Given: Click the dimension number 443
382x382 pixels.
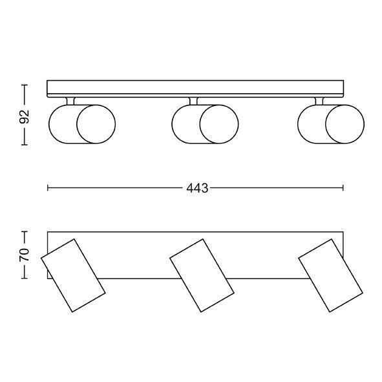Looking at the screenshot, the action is [197, 188].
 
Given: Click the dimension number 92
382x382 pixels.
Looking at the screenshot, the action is [25, 116].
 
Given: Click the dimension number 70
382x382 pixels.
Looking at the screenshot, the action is [25, 255].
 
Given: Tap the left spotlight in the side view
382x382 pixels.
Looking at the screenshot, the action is [82, 124].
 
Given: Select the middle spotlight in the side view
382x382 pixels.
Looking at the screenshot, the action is [205, 124].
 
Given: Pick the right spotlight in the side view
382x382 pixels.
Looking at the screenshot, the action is [331, 124].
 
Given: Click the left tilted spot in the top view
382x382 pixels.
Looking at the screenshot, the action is [73, 275].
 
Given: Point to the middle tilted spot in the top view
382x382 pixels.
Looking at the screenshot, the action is [202, 275].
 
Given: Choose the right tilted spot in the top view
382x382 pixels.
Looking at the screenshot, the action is [330, 275].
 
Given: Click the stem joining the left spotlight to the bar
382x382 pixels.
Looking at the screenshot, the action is [70, 101].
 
